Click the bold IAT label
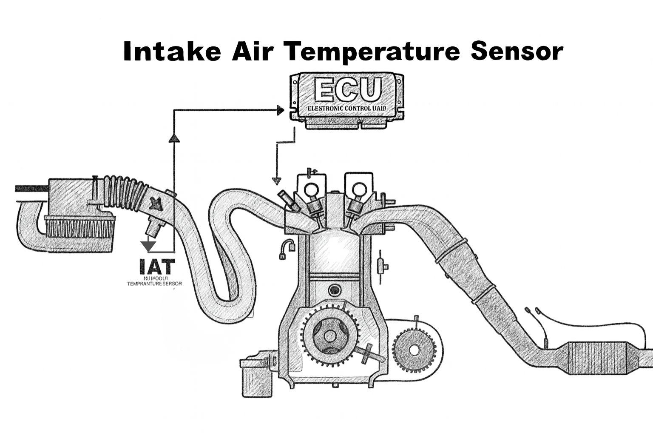pos(156,267)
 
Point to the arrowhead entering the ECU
pos(280,111)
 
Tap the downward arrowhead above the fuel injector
pos(277,180)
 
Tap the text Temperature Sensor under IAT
pos(155,284)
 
